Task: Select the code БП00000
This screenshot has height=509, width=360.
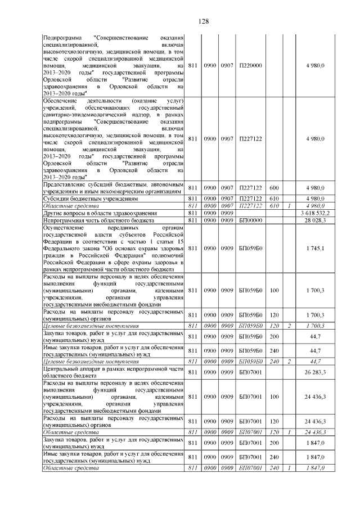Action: tap(250, 220)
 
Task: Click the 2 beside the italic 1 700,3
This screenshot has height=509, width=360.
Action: tap(289, 326)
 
